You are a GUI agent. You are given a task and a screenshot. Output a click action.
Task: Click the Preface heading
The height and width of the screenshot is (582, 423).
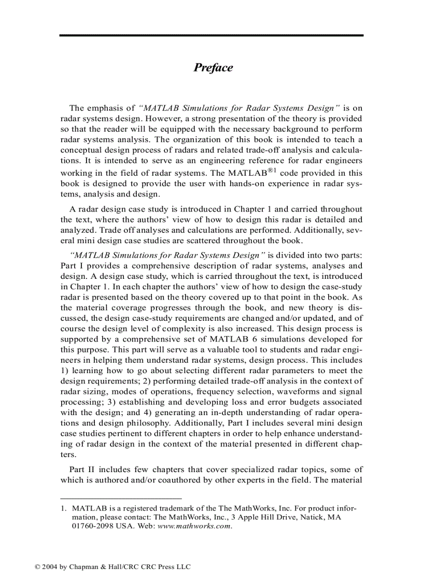213,68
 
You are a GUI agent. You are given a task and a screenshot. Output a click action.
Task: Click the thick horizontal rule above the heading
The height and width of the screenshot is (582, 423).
211,35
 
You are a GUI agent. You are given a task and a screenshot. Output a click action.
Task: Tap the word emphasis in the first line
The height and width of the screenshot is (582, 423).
108,108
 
